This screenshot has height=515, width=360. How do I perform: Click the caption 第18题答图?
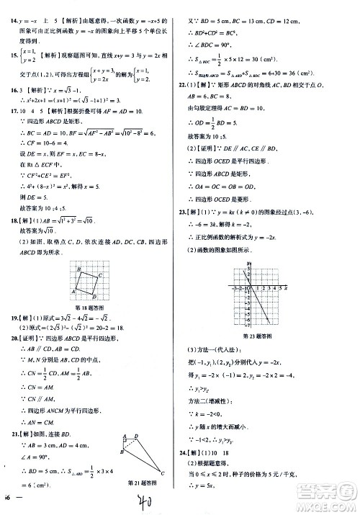tap(92, 306)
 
